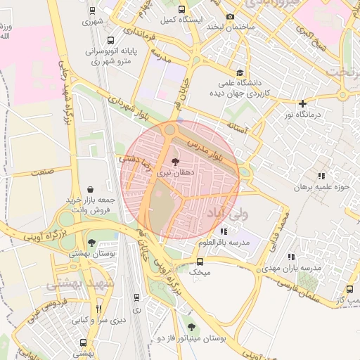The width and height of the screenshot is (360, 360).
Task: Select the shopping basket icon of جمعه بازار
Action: [x=91, y=189]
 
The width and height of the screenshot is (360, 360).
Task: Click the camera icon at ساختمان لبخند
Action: [x=230, y=16]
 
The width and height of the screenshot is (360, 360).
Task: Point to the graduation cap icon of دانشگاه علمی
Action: [x=240, y=72]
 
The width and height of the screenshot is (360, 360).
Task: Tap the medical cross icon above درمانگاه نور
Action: [x=302, y=103]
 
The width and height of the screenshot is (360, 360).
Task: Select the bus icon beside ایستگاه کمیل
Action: [x=182, y=10]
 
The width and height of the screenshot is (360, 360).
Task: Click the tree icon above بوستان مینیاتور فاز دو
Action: [x=191, y=327]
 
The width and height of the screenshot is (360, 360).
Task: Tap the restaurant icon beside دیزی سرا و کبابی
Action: [x=98, y=308]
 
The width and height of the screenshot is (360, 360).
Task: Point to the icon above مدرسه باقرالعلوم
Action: [x=223, y=231]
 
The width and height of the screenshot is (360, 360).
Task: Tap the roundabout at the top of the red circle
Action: [x=169, y=130]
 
